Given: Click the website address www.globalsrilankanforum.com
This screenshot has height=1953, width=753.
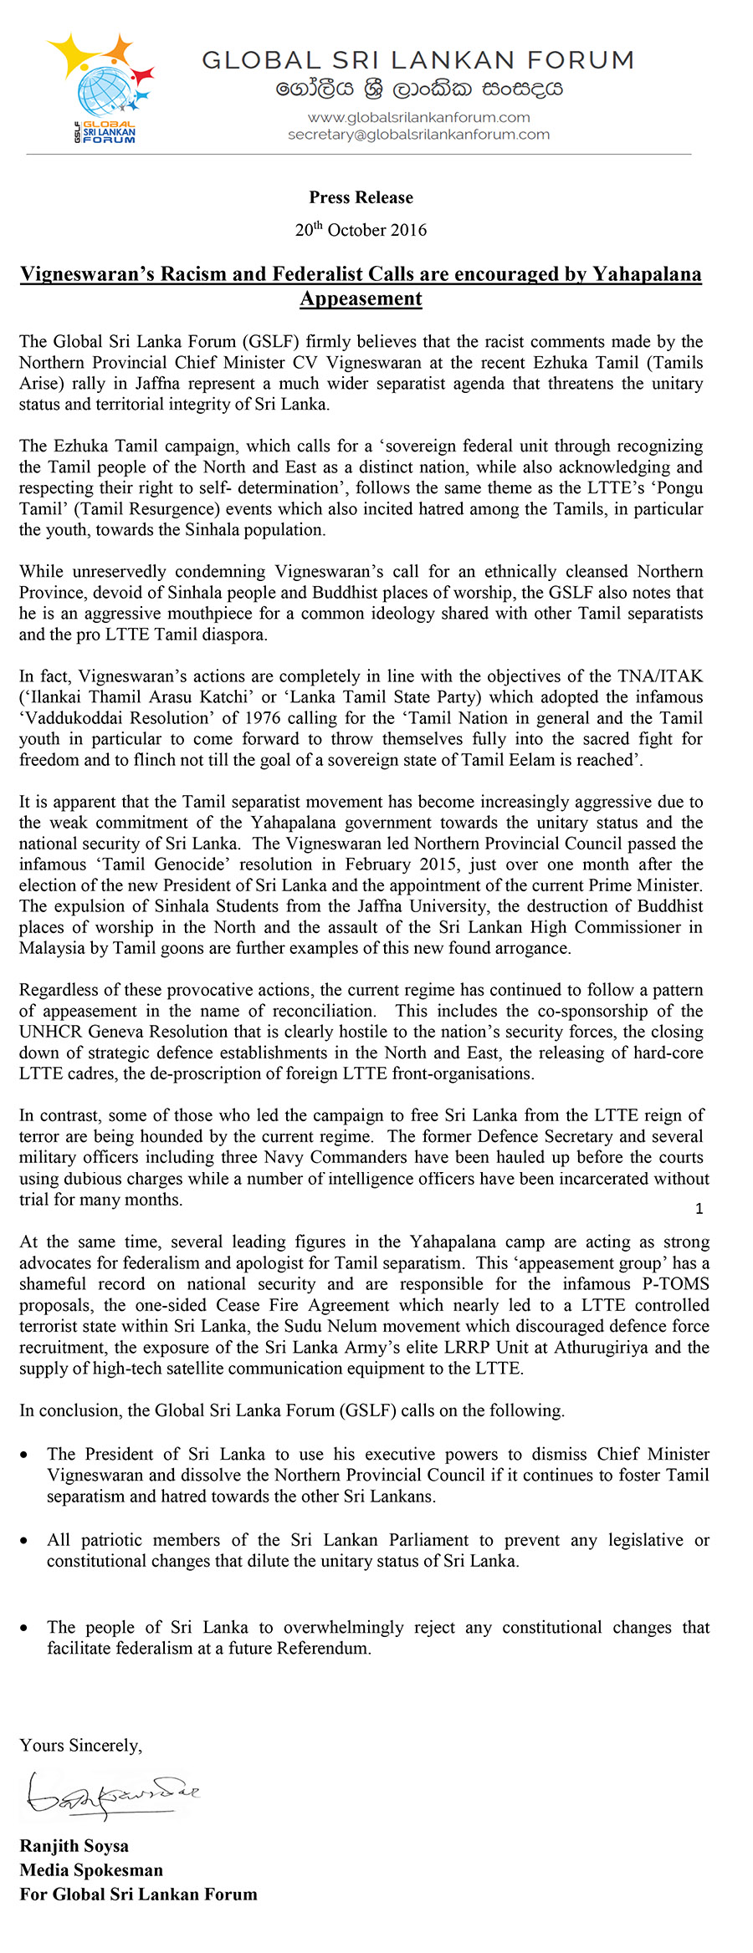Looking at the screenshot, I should pos(418,117).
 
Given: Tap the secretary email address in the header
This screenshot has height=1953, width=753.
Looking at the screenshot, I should pos(418,135).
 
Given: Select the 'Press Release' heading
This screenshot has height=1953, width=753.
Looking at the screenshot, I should pos(361,198).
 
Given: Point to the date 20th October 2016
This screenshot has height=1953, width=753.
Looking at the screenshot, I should pos(361,230).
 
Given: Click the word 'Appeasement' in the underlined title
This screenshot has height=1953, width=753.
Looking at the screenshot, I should pos(361,299).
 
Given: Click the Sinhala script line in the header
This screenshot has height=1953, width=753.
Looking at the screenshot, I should pos(418,89).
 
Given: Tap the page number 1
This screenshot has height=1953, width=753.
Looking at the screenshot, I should pos(699,1209).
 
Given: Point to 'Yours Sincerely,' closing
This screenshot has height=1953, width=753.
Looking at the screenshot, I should pos(81,1746).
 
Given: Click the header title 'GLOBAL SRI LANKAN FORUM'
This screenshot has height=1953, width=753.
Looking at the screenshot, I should pos(418,60).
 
